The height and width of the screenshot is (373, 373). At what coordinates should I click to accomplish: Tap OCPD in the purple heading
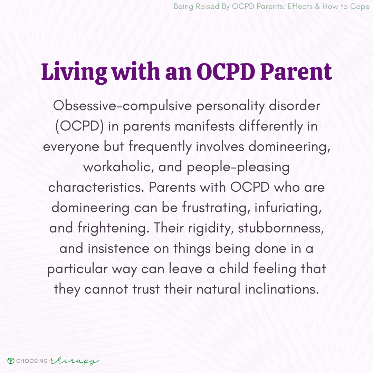click(x=226, y=71)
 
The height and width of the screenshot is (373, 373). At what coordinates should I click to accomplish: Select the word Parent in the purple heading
click(x=296, y=72)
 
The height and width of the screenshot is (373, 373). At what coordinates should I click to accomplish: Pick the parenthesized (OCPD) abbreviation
click(x=79, y=126)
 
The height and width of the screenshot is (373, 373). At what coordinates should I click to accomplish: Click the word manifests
click(x=204, y=126)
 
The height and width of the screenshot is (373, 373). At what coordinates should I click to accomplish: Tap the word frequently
click(x=160, y=147)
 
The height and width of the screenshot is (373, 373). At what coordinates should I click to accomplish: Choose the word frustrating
click(x=216, y=208)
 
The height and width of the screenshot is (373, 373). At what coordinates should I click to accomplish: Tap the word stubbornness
click(x=281, y=228)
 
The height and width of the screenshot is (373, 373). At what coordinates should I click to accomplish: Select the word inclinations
click(x=282, y=289)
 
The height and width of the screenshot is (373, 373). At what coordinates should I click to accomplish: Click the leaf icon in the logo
click(x=11, y=361)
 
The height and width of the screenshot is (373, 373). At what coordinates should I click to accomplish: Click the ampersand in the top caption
click(x=318, y=7)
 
